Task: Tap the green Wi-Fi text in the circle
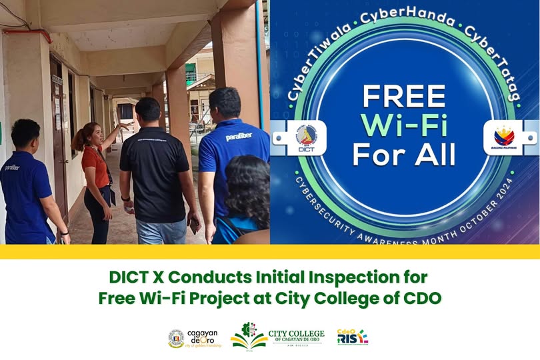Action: pos(404,126)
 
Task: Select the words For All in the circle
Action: pos(404,155)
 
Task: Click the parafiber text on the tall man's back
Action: pos(239,136)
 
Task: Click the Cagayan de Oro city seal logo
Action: pos(176,339)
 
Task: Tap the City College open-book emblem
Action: pos(249,337)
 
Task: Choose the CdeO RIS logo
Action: pos(352,337)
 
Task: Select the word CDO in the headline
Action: pos(422,298)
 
